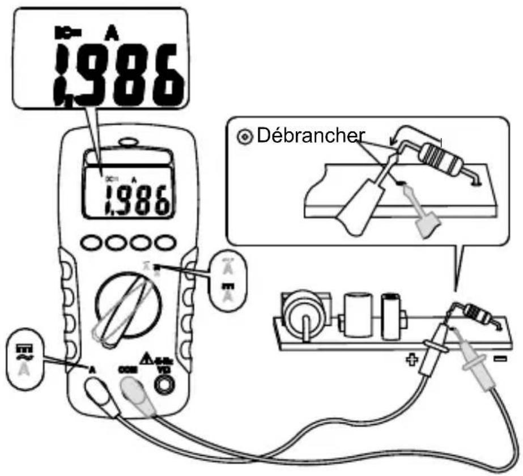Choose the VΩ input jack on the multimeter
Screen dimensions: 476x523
click(164, 385)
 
